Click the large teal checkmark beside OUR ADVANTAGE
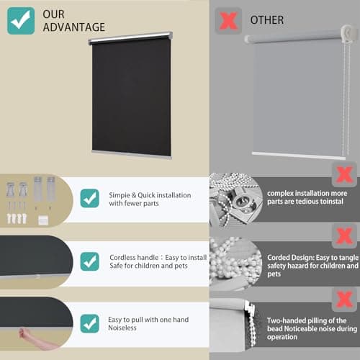point(21,21)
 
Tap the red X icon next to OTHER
point(228,19)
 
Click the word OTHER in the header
point(266,19)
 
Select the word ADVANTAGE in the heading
point(73,27)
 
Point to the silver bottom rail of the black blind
point(132,153)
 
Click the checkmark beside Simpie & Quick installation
point(90,198)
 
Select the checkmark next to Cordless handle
point(90,261)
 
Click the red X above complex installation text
point(343,174)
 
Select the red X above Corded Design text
point(343,235)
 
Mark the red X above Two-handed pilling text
point(343,297)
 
